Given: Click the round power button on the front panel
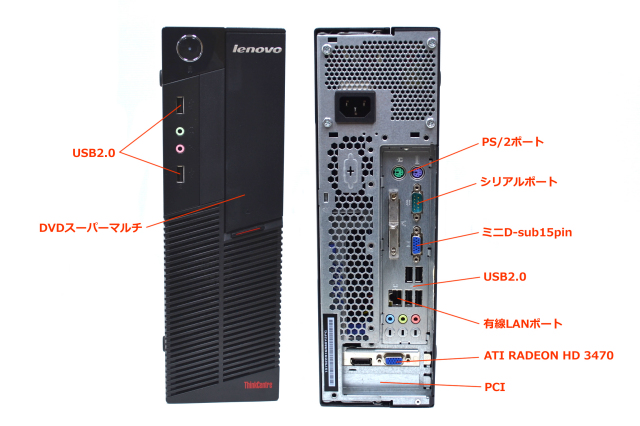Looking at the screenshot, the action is tap(189, 48).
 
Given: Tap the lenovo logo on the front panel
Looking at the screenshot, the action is tap(257, 49).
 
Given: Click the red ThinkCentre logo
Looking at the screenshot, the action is tap(258, 385).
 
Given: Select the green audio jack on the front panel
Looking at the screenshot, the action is tap(180, 131).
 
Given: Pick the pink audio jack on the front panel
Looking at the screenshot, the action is tap(180, 149).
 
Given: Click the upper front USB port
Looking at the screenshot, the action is tap(180, 105).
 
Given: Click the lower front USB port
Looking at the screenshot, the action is tap(180, 174).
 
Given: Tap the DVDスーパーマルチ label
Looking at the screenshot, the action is tap(91, 228).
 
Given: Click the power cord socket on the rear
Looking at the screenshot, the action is tap(355, 107).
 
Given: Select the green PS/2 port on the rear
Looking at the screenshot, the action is tap(399, 173).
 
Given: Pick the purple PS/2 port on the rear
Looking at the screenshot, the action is tap(417, 174).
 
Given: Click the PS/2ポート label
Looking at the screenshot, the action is tap(513, 142).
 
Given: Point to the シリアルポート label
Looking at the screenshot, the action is tap(518, 182).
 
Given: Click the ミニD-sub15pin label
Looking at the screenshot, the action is tap(527, 232).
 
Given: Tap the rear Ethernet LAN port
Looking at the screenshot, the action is tap(395, 297).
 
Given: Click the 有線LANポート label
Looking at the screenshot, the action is tap(523, 324).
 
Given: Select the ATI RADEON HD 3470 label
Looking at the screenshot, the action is tap(549, 355).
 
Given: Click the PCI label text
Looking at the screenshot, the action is tap(495, 387).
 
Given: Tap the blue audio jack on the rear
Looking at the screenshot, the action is tap(391, 319).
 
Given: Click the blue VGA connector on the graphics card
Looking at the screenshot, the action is tap(394, 360).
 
